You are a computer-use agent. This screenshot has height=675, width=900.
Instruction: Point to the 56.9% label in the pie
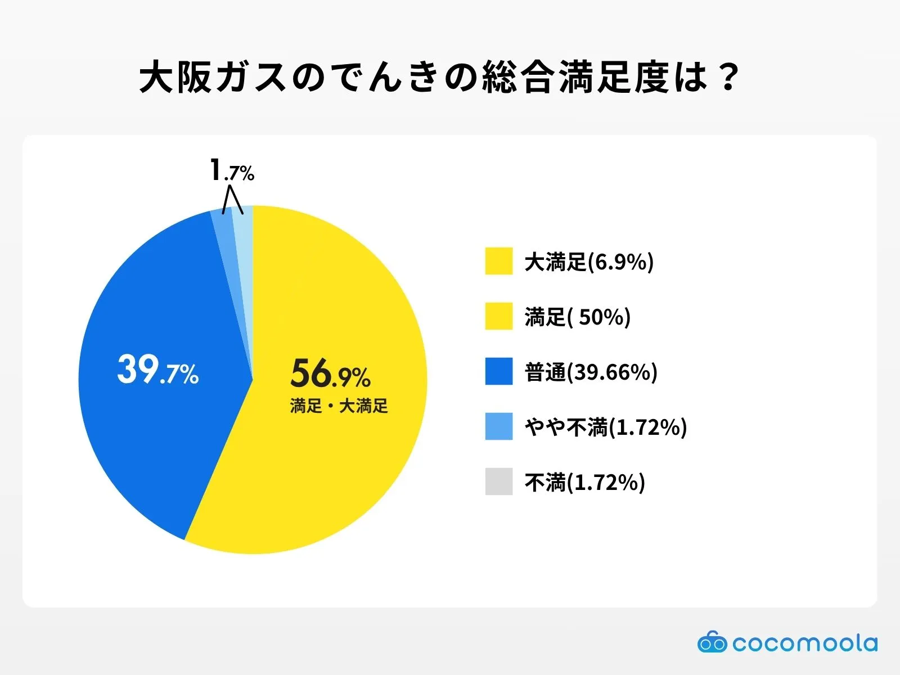click(x=330, y=373)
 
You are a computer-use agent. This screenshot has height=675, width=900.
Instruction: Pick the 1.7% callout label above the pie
click(x=231, y=170)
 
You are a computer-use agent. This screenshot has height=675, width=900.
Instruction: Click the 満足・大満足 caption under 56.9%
click(x=339, y=406)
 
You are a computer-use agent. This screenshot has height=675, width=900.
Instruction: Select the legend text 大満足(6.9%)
click(x=589, y=262)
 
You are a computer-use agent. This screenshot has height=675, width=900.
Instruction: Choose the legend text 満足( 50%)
click(x=578, y=317)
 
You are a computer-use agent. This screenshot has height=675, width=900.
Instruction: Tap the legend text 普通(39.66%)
click(x=591, y=372)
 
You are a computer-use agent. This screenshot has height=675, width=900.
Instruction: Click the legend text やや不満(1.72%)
click(x=606, y=427)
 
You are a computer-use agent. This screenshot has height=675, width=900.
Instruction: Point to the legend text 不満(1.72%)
click(x=584, y=483)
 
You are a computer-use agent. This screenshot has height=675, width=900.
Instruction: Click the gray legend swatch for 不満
click(x=499, y=481)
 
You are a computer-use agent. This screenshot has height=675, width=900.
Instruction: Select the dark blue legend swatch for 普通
click(x=499, y=371)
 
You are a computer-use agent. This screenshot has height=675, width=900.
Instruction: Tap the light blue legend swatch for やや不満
click(x=499, y=426)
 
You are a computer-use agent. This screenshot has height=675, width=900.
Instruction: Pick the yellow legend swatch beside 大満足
click(x=499, y=261)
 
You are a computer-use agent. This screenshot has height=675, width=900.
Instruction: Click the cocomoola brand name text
click(x=805, y=643)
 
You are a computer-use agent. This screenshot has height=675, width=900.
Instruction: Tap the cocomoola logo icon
click(x=712, y=642)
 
